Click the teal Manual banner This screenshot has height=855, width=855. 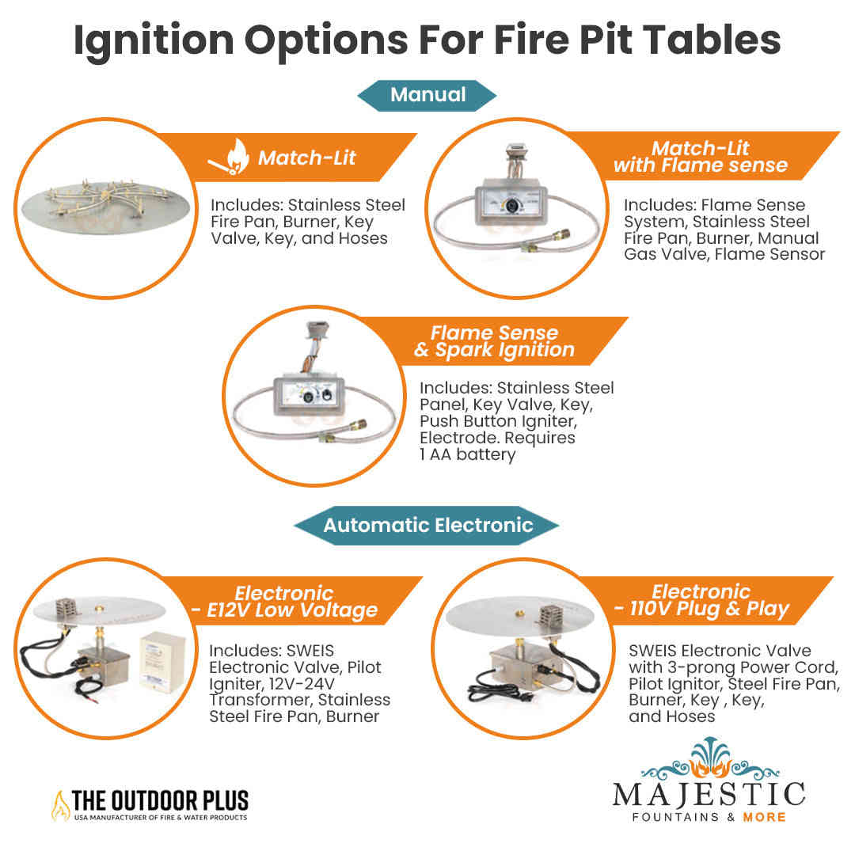tap(427, 95)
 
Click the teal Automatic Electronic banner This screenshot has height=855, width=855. tap(427, 525)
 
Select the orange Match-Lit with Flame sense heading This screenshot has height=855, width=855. tap(701, 157)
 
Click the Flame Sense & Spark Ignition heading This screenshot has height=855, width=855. tap(495, 341)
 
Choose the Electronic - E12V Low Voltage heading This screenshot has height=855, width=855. tap(306, 602)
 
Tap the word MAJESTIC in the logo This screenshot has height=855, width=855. tap(709, 793)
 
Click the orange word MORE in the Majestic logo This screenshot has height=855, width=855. tap(764, 816)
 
